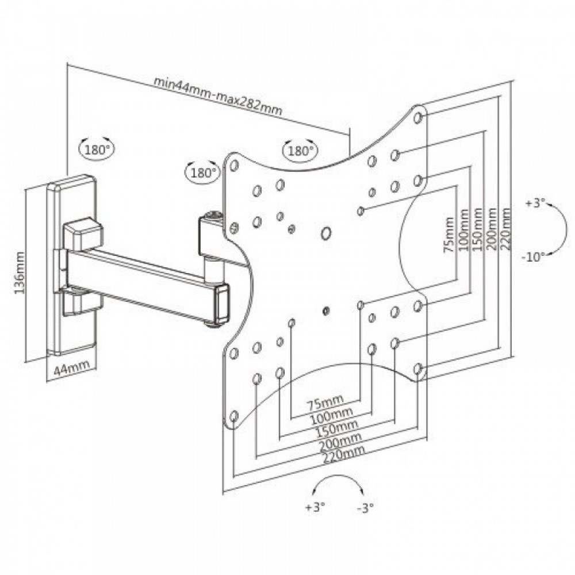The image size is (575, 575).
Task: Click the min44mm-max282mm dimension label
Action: [218, 95]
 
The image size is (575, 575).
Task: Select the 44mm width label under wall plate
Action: [67, 371]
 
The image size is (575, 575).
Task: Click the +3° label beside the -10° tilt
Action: [535, 203]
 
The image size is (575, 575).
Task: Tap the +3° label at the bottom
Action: [316, 507]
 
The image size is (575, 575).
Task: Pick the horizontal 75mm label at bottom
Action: [325, 400]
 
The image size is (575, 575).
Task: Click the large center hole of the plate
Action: [325, 233]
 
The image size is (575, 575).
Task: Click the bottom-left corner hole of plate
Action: [234, 415]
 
